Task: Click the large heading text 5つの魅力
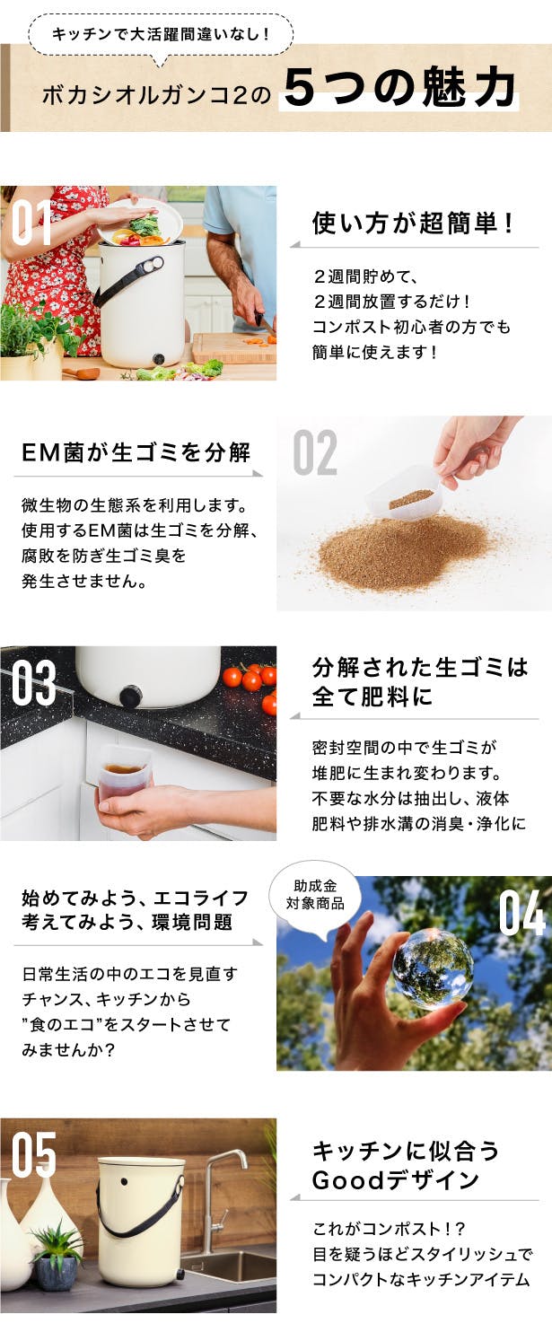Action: coord(399,88)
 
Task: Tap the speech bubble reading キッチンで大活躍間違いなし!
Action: coord(162,36)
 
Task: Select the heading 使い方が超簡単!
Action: coord(412,223)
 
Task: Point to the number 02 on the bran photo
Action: coord(315,452)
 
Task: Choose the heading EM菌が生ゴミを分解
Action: coord(136,452)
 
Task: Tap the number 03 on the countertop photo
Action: coord(33,682)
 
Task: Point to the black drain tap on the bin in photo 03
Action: coord(130,696)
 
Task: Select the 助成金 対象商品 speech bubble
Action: coord(315,898)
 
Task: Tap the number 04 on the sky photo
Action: coord(522,913)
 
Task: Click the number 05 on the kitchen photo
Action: coord(33,1154)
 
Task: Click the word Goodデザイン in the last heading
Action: coord(395,1180)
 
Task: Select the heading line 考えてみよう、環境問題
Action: coord(127,923)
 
